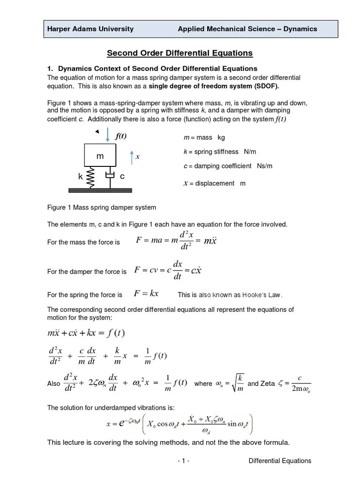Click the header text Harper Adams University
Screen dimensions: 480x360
(x=90, y=29)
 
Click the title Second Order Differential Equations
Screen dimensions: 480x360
(x=180, y=53)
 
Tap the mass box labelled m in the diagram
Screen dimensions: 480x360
(x=100, y=156)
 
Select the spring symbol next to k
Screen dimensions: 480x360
(x=91, y=177)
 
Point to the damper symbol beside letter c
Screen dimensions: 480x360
(x=110, y=176)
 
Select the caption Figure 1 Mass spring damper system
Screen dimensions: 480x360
(x=102, y=207)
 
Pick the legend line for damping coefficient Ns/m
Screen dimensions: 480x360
(x=228, y=166)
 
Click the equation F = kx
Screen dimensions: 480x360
(x=146, y=294)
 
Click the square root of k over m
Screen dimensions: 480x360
(x=239, y=383)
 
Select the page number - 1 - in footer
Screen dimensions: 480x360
(x=183, y=461)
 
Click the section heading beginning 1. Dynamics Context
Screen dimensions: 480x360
(x=152, y=68)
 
